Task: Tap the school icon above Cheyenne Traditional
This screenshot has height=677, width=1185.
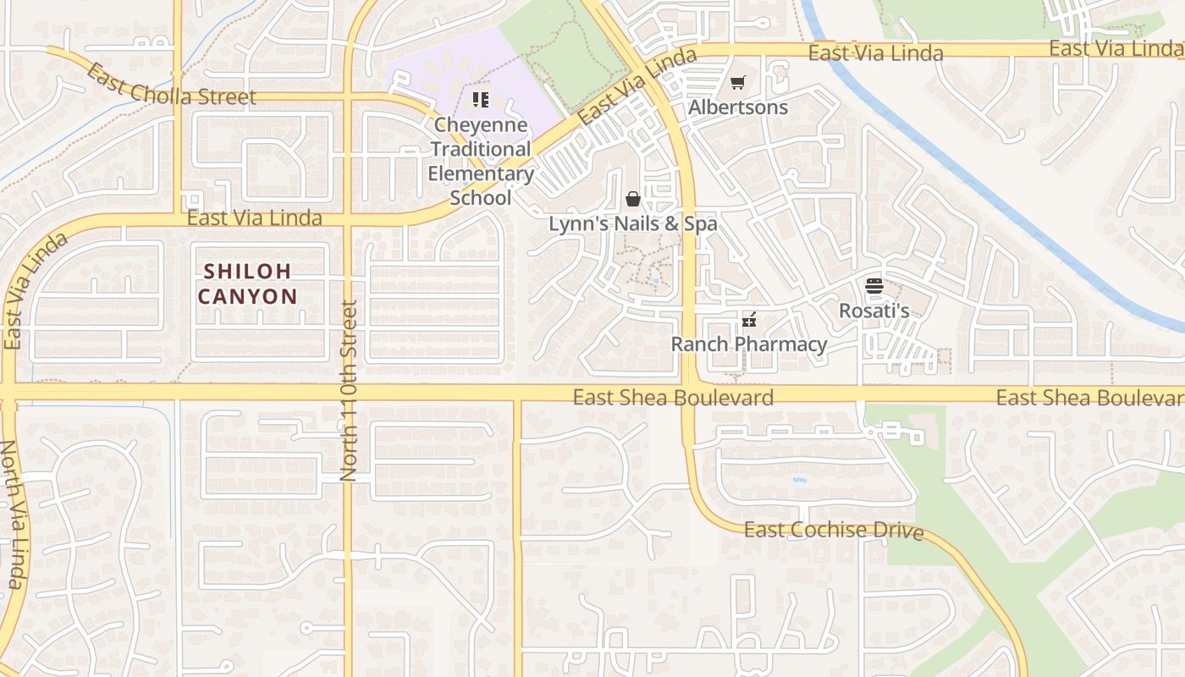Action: click(481, 100)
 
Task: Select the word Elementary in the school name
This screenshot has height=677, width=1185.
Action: click(480, 174)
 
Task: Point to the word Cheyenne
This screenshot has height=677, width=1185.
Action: click(480, 125)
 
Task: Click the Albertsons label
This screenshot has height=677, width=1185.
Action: click(738, 107)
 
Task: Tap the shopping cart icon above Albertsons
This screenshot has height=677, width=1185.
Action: click(738, 83)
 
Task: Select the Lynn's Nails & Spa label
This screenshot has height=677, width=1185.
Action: click(633, 224)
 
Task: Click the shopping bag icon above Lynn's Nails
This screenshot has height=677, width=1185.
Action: click(633, 199)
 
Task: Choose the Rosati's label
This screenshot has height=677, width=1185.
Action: click(874, 311)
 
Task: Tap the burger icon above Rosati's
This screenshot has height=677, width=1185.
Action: click(874, 286)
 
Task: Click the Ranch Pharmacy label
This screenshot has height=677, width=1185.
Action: click(749, 344)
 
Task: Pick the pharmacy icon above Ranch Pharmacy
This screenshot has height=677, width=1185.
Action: click(749, 320)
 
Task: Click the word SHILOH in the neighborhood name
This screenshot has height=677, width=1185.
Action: click(247, 272)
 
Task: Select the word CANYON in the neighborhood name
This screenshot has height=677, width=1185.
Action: click(248, 296)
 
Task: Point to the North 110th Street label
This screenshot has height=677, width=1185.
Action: click(349, 391)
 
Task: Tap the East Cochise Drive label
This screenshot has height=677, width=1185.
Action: click(834, 531)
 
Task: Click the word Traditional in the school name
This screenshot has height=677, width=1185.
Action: click(480, 150)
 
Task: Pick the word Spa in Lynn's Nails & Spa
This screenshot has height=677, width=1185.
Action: click(699, 224)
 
